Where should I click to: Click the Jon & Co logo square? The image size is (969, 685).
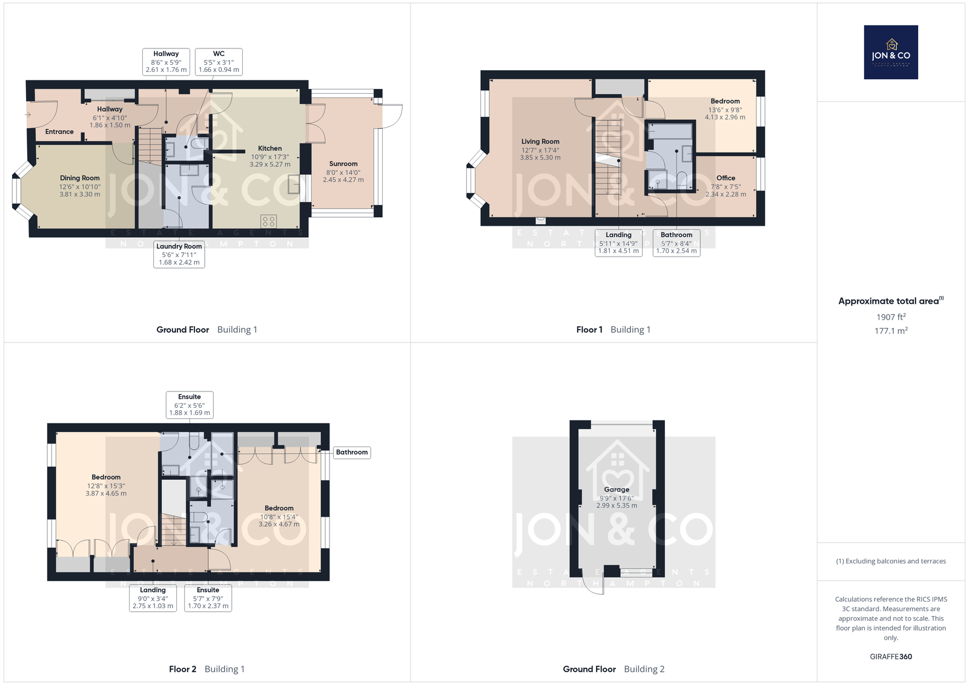pyautogui.click(x=891, y=52)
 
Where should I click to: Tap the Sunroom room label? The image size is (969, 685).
pyautogui.click(x=343, y=164)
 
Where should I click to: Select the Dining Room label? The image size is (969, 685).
pyautogui.click(x=79, y=178)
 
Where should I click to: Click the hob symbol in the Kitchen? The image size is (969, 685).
pyautogui.click(x=269, y=221)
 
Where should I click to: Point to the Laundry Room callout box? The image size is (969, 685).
pyautogui.click(x=179, y=254)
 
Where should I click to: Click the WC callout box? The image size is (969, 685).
pyautogui.click(x=219, y=61)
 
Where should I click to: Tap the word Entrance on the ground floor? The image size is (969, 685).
pyautogui.click(x=59, y=132)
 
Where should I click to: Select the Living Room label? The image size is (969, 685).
pyautogui.click(x=540, y=142)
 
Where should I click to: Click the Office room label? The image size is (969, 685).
pyautogui.click(x=726, y=178)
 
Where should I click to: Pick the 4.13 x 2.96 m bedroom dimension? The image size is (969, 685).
pyautogui.click(x=725, y=117)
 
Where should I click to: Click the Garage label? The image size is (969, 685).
pyautogui.click(x=617, y=490)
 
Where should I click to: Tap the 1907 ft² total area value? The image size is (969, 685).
pyautogui.click(x=891, y=317)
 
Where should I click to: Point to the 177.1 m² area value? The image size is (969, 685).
pyautogui.click(x=891, y=330)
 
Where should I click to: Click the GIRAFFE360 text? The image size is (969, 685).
pyautogui.click(x=891, y=657)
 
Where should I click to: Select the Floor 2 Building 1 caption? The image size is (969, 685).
pyautogui.click(x=207, y=669)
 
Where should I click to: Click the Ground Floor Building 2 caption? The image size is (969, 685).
pyautogui.click(x=613, y=669)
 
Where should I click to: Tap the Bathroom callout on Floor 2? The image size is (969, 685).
pyautogui.click(x=352, y=453)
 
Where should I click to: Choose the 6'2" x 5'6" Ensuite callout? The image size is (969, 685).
pyautogui.click(x=190, y=405)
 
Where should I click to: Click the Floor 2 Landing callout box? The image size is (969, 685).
pyautogui.click(x=153, y=598)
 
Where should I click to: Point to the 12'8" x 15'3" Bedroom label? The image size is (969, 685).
pyautogui.click(x=106, y=485)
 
